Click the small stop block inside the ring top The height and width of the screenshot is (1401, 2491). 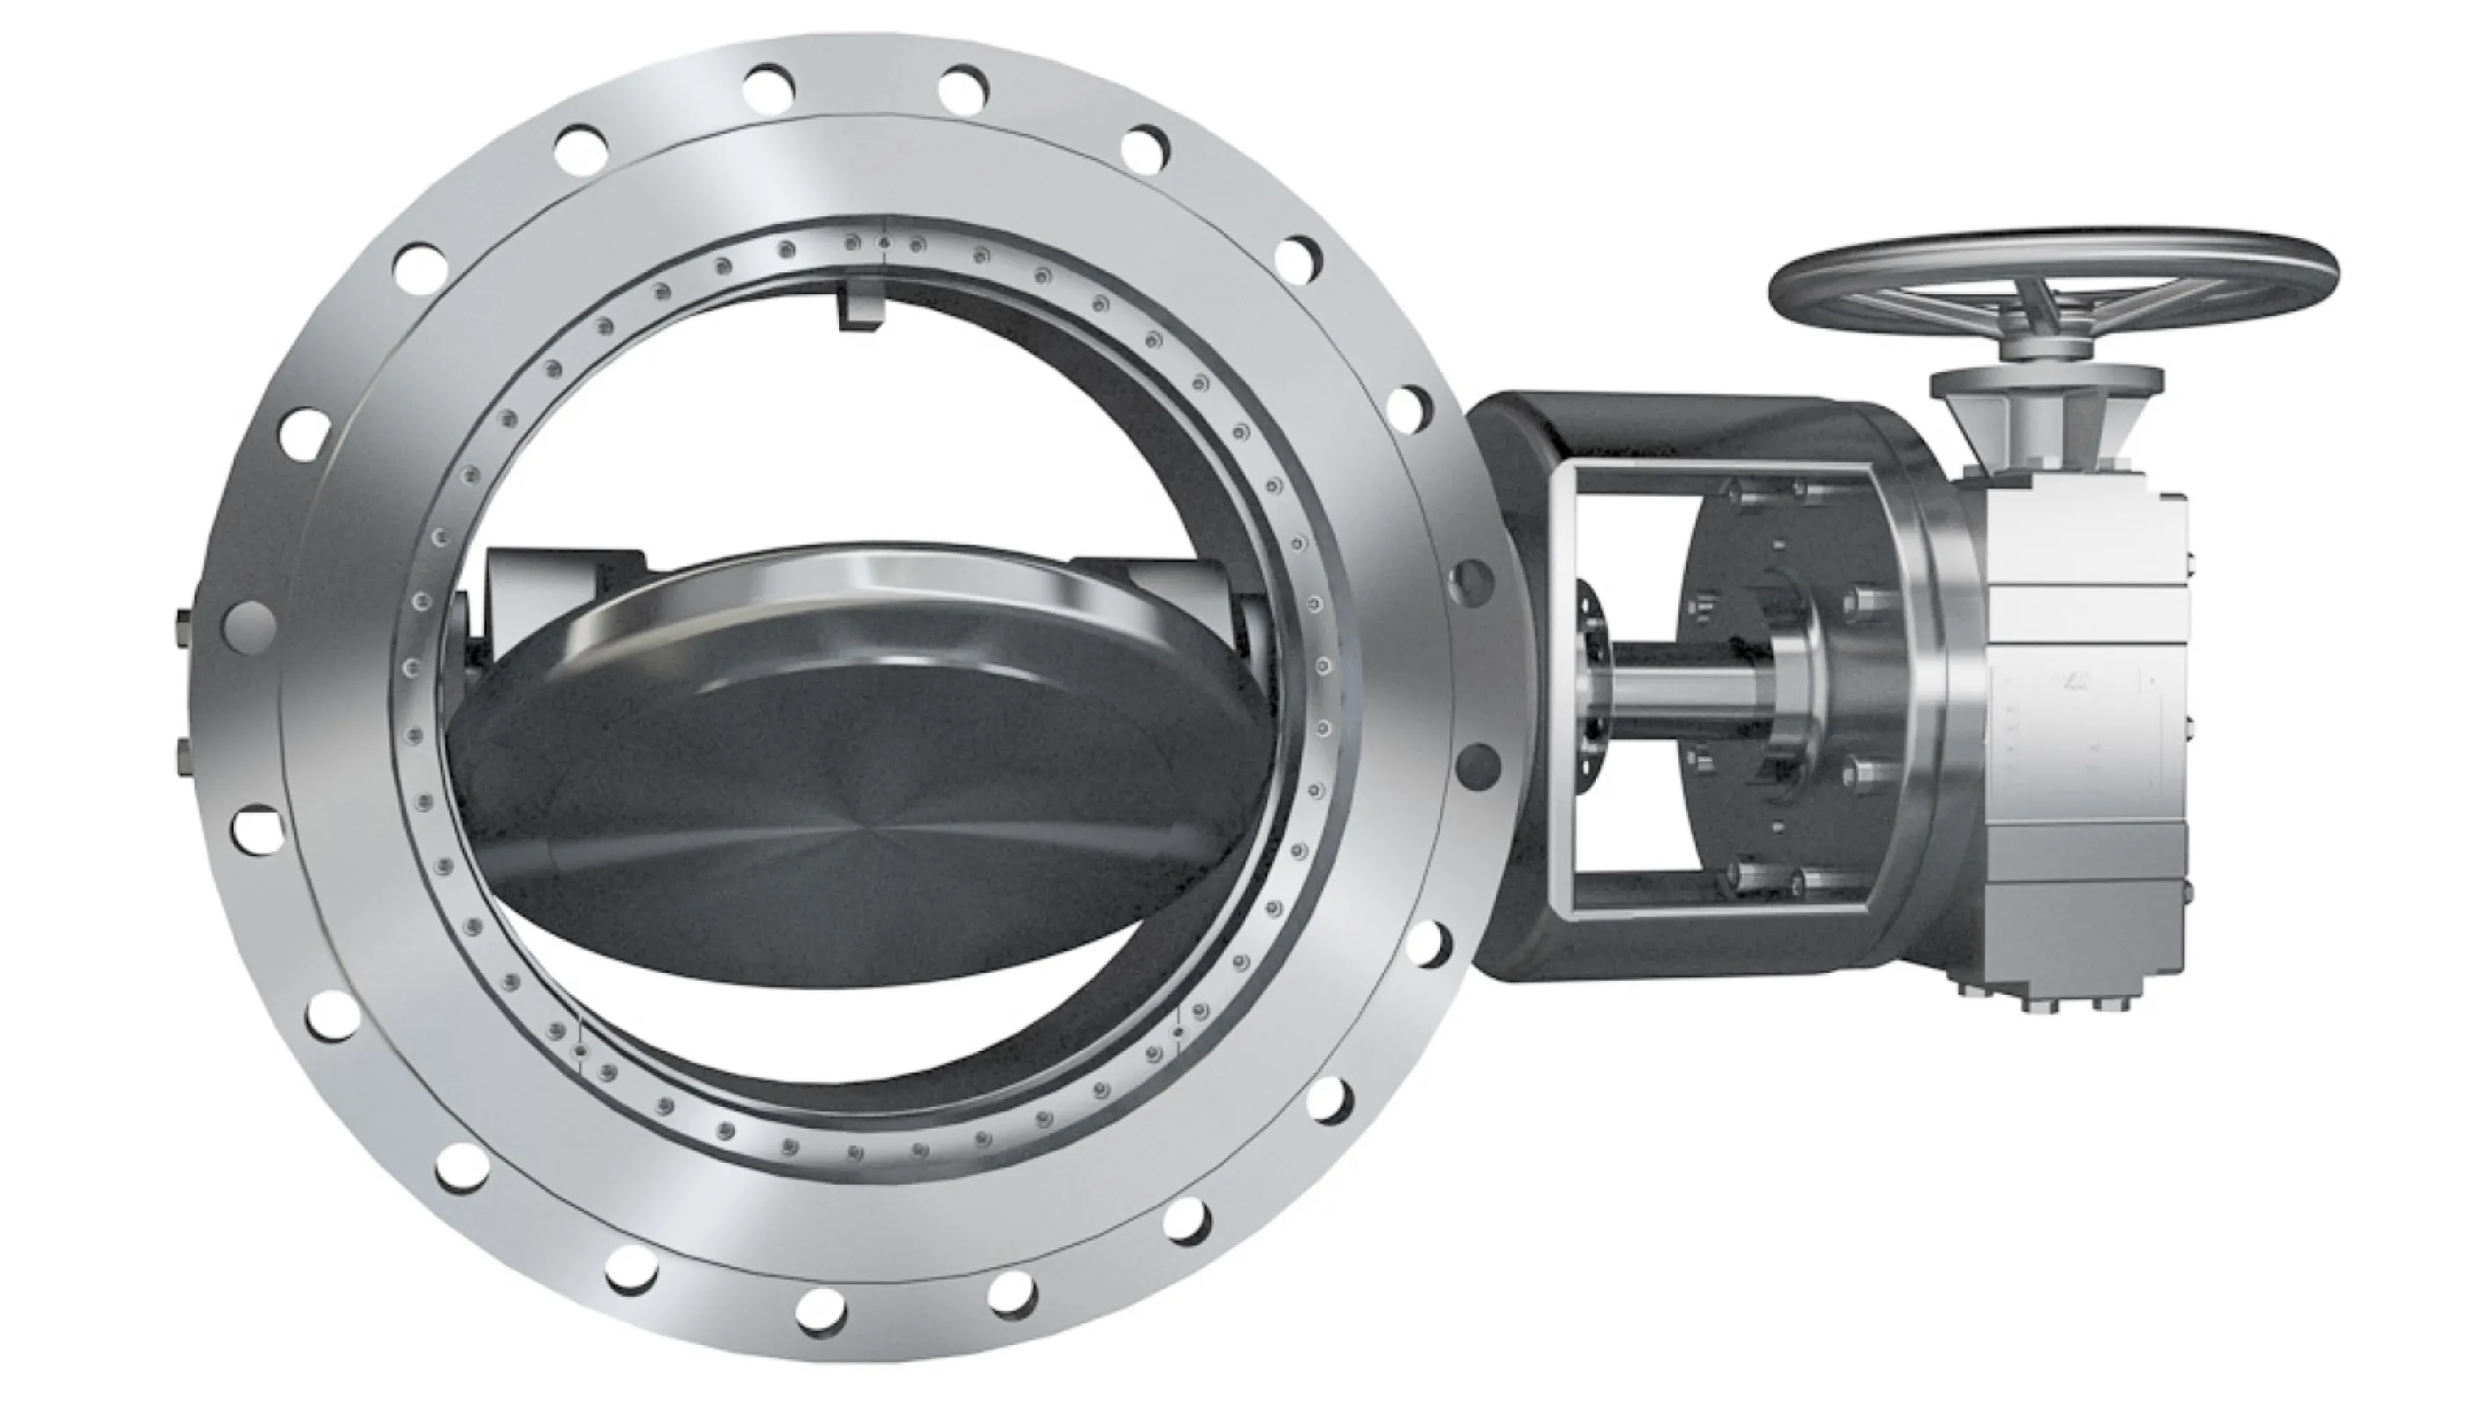(862, 309)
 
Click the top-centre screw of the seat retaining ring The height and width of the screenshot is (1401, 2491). (882, 243)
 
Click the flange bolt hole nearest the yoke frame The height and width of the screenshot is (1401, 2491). (1471, 581)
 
